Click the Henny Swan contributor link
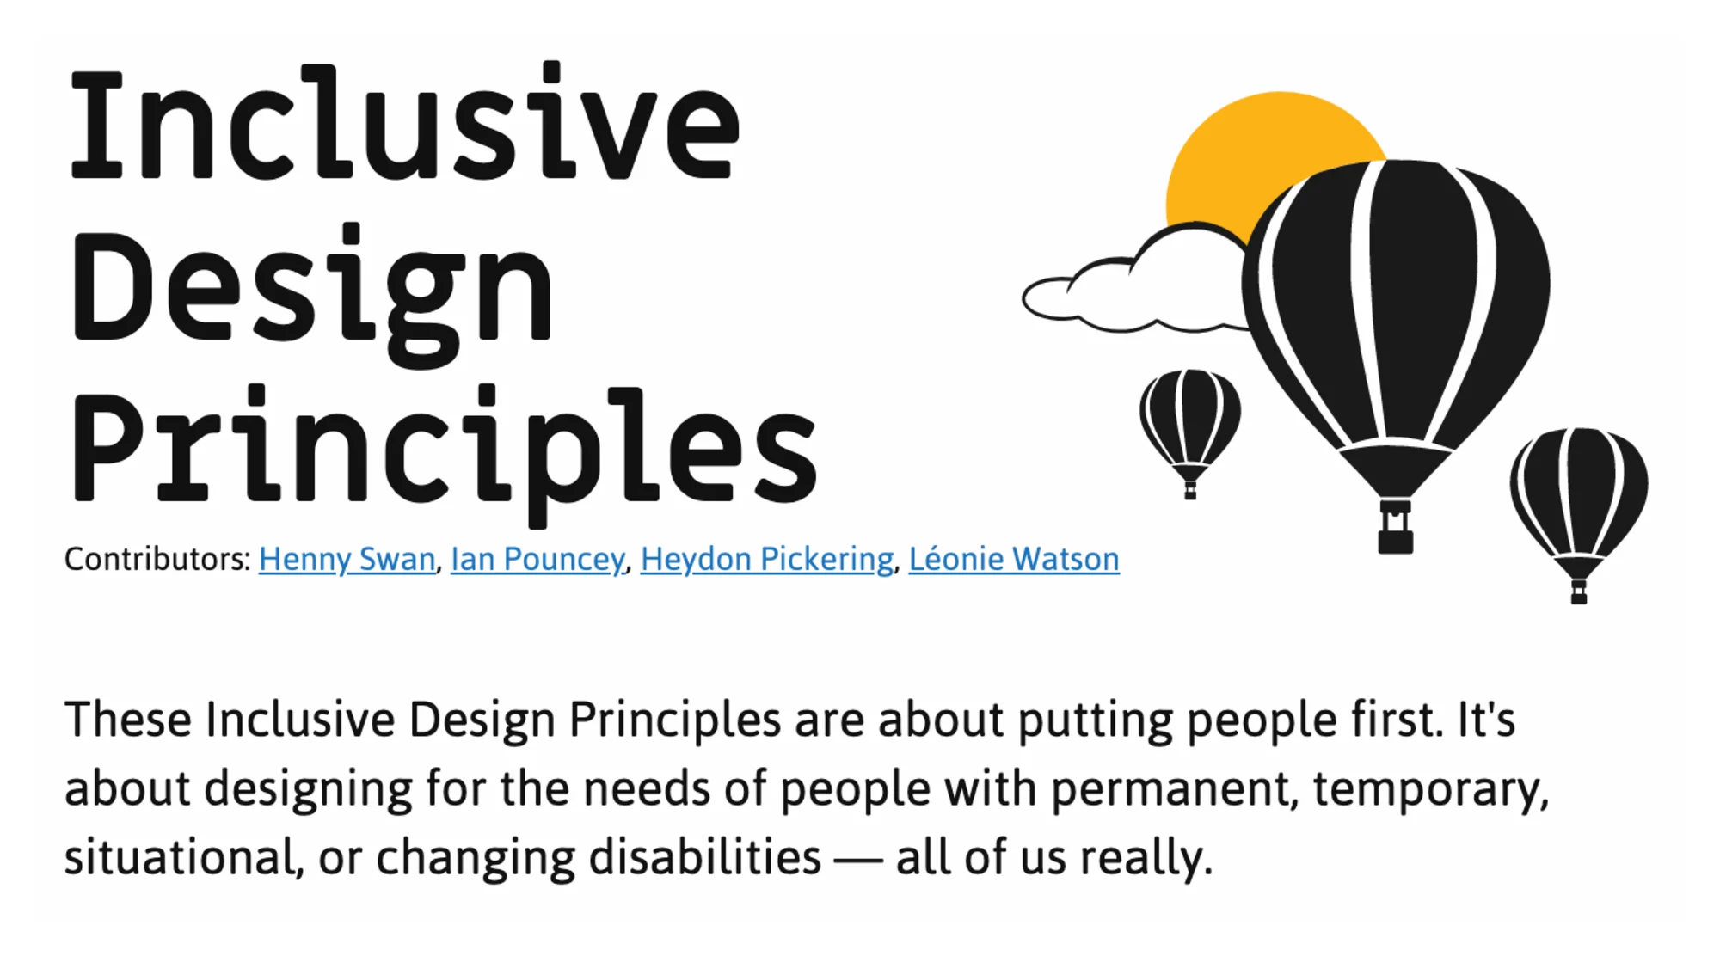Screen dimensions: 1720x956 (x=347, y=560)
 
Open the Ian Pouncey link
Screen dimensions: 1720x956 (x=537, y=560)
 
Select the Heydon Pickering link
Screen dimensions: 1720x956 (x=766, y=560)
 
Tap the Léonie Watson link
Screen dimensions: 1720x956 (x=1014, y=560)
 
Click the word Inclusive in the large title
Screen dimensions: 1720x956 (x=404, y=122)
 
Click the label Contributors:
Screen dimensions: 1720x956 (x=157, y=560)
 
